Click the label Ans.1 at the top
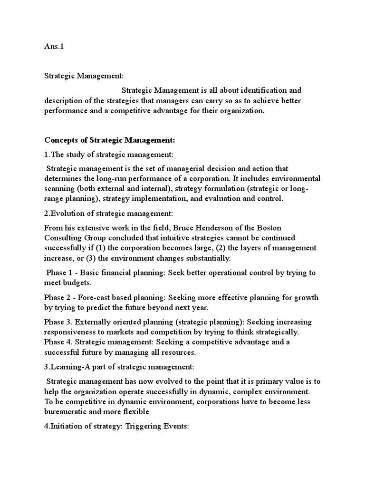point(54,47)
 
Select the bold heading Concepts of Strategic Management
point(110,140)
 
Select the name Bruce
point(198,228)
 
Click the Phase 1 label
point(60,273)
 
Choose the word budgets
point(77,283)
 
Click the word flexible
point(136,412)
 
